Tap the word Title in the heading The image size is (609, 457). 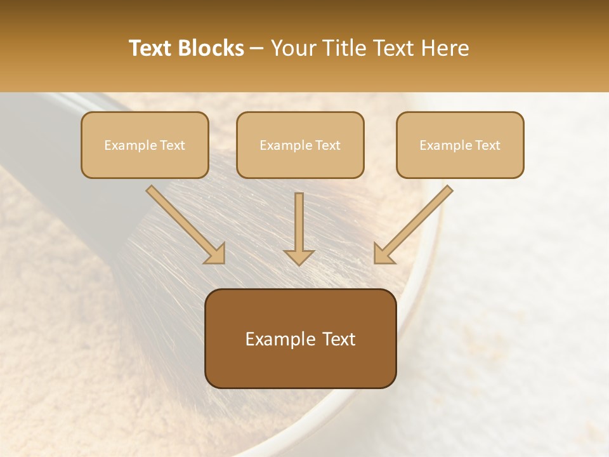(x=345, y=48)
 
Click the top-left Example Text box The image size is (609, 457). (x=145, y=145)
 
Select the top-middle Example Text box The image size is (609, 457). (x=300, y=145)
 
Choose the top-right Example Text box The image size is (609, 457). (x=460, y=145)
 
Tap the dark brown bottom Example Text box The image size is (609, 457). (x=300, y=338)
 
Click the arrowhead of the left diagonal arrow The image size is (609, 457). (x=216, y=254)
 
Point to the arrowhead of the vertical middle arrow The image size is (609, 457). (x=299, y=257)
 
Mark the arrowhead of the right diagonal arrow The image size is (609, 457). (x=383, y=254)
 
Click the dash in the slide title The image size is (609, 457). (x=258, y=48)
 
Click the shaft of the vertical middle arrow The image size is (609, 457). (x=299, y=219)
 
